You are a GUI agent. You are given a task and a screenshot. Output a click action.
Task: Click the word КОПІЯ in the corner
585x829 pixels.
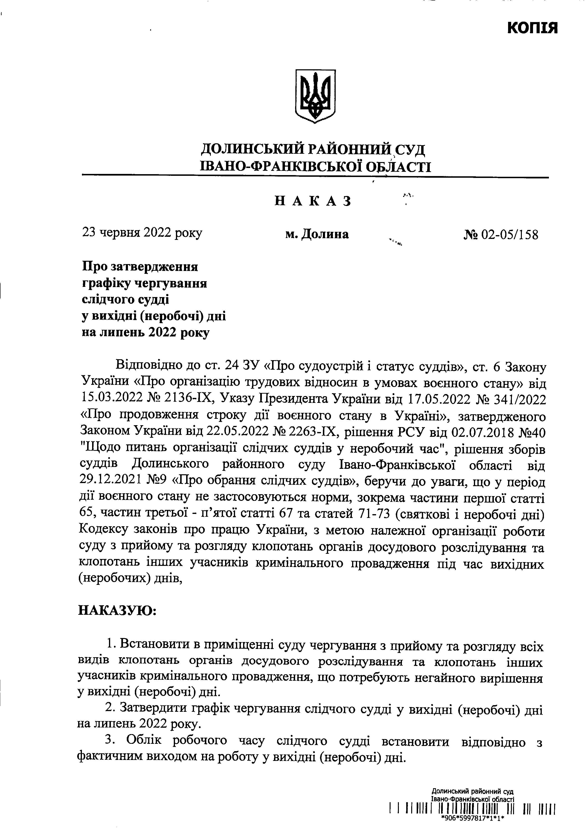pyautogui.click(x=532, y=28)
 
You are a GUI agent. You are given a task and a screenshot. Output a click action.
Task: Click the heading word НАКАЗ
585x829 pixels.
pyautogui.click(x=313, y=201)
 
